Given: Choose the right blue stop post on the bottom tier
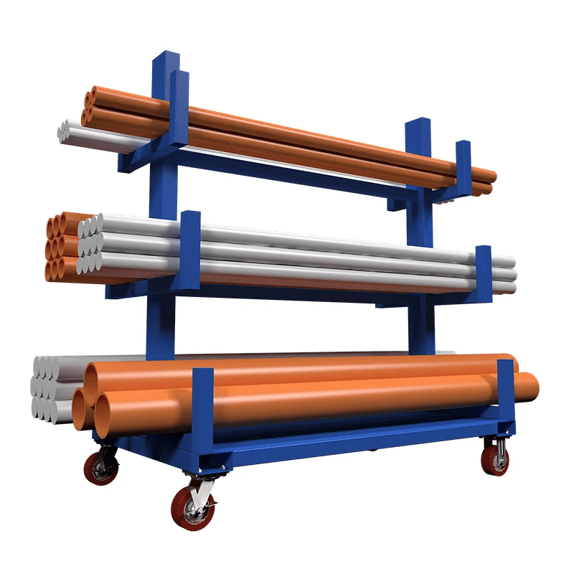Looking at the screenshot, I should (505, 398).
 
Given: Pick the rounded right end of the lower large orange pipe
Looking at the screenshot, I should (534, 387).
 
